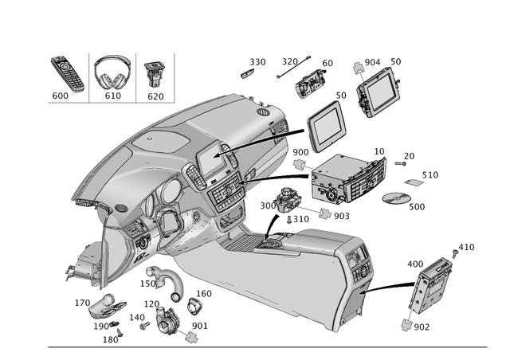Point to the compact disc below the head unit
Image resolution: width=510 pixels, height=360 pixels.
click(x=395, y=197)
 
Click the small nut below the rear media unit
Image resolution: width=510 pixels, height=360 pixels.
click(x=407, y=323)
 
